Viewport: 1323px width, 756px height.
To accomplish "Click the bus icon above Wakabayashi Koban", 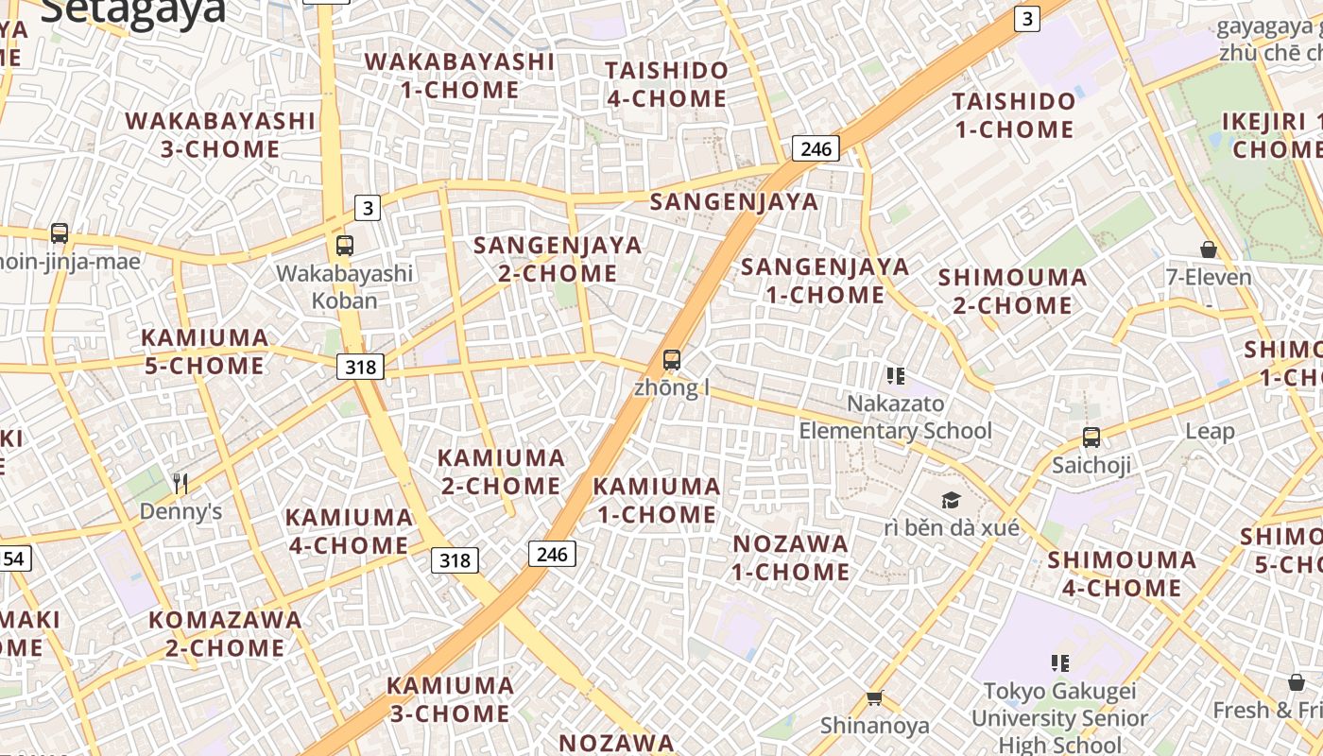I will tap(345, 246).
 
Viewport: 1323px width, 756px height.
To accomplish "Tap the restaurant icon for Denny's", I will tap(180, 484).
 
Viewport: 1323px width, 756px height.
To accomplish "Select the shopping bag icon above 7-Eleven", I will tap(1208, 249).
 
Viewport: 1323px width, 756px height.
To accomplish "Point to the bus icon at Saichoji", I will tap(1091, 438).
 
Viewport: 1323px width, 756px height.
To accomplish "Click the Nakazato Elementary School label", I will tap(895, 417).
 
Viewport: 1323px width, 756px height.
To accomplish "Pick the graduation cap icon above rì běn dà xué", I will tap(951, 500).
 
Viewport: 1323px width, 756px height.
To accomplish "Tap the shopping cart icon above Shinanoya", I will tap(874, 698).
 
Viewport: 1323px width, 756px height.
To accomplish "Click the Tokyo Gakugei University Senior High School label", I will tap(1059, 718).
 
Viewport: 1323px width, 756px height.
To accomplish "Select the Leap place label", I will tap(1210, 431).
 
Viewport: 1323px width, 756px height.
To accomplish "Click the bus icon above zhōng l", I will tap(672, 360).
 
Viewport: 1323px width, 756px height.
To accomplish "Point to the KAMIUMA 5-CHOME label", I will tap(204, 352).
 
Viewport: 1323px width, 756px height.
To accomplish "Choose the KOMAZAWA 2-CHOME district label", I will tap(225, 634).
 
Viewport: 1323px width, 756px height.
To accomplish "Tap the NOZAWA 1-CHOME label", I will tap(791, 558).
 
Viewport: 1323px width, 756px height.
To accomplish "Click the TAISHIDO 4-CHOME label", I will tap(666, 84).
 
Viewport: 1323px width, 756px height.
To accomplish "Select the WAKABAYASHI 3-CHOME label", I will tap(219, 135).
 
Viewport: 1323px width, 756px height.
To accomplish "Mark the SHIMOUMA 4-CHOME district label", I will tap(1121, 574).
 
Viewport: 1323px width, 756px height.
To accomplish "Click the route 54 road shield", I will tap(13, 558).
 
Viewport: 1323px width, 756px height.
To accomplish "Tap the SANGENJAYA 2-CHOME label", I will tap(558, 259).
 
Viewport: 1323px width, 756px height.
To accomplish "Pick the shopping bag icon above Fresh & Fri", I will tap(1297, 682).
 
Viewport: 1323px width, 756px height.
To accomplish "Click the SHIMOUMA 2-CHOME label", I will tap(1012, 291).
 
